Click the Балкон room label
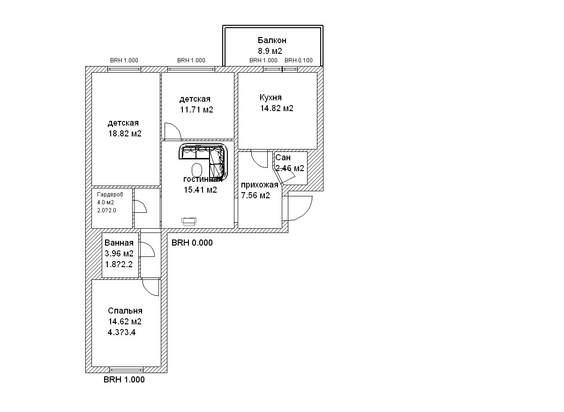[x=271, y=41]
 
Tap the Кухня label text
[x=271, y=97]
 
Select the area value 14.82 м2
[x=277, y=108]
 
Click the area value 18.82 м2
[x=125, y=134]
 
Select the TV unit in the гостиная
[x=189, y=221]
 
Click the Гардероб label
[x=110, y=194]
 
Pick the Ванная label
[x=119, y=243]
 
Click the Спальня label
[x=125, y=311]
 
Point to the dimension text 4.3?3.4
[x=122, y=332]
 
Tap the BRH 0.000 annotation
[x=192, y=243]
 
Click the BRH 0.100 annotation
[x=299, y=60]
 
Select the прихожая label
[x=259, y=185]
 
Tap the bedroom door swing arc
[x=151, y=287]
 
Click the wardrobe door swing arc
[x=140, y=207]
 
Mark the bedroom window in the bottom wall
[x=126, y=369]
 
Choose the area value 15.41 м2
[x=200, y=190]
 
